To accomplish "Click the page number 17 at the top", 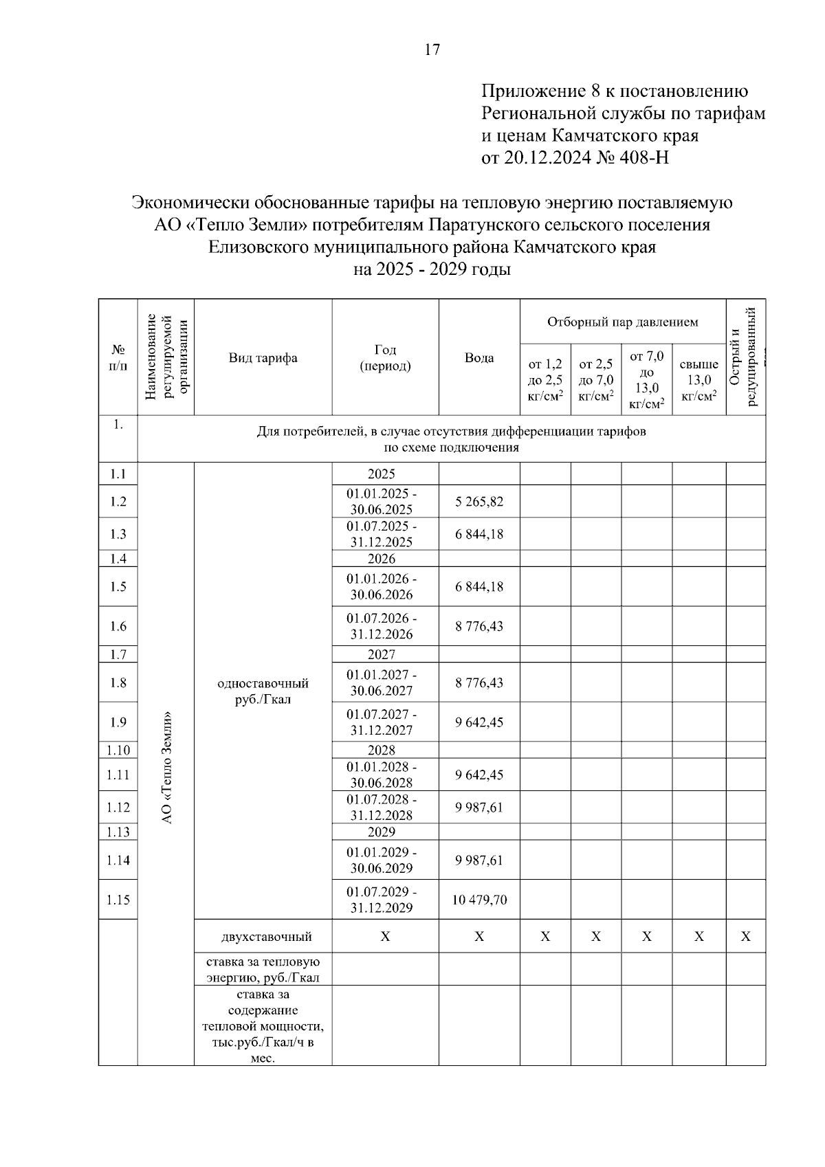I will (x=432, y=49).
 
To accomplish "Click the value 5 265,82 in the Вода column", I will (x=478, y=502).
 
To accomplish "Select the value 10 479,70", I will (x=478, y=900).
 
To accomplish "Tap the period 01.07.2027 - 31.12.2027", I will (x=382, y=722).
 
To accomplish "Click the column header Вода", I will (x=478, y=358).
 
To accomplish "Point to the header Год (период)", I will (x=385, y=358).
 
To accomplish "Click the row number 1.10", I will (x=118, y=750).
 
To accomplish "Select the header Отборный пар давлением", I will (x=622, y=322).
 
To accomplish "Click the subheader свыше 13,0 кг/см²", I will (x=698, y=380).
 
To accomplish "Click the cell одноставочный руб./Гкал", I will (x=263, y=691).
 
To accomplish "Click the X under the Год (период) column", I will (x=385, y=937).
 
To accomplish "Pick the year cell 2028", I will (x=382, y=750).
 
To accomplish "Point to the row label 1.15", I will (x=118, y=900).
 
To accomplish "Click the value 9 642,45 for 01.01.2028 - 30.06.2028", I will (x=478, y=775).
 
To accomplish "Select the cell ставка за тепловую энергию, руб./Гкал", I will (x=263, y=969).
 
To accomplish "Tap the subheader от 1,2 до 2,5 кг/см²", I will (x=545, y=380).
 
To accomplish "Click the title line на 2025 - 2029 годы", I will (x=432, y=269).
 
